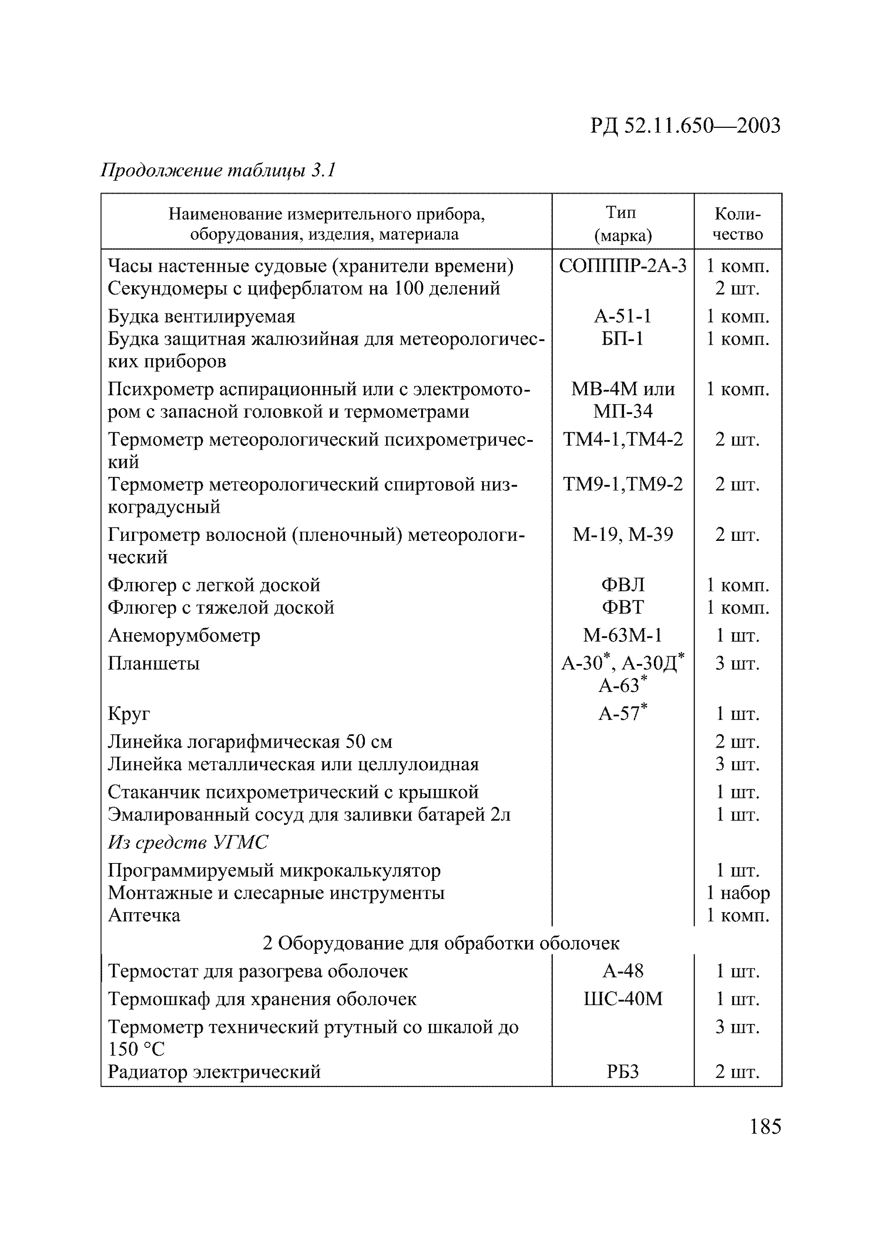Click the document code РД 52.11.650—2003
(x=685, y=126)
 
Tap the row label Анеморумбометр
(x=184, y=636)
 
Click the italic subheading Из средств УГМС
(x=188, y=843)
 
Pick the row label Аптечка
(x=144, y=915)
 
